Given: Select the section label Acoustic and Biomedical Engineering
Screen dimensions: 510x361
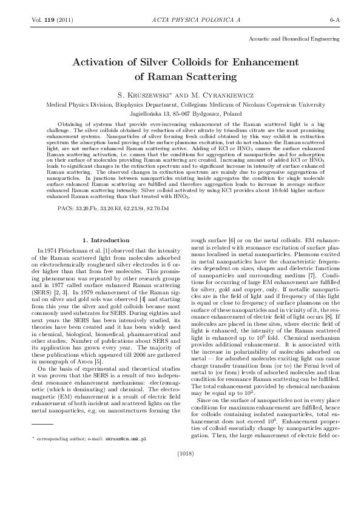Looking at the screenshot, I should [294, 38].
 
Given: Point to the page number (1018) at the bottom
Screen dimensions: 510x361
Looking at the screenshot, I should [180, 486].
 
